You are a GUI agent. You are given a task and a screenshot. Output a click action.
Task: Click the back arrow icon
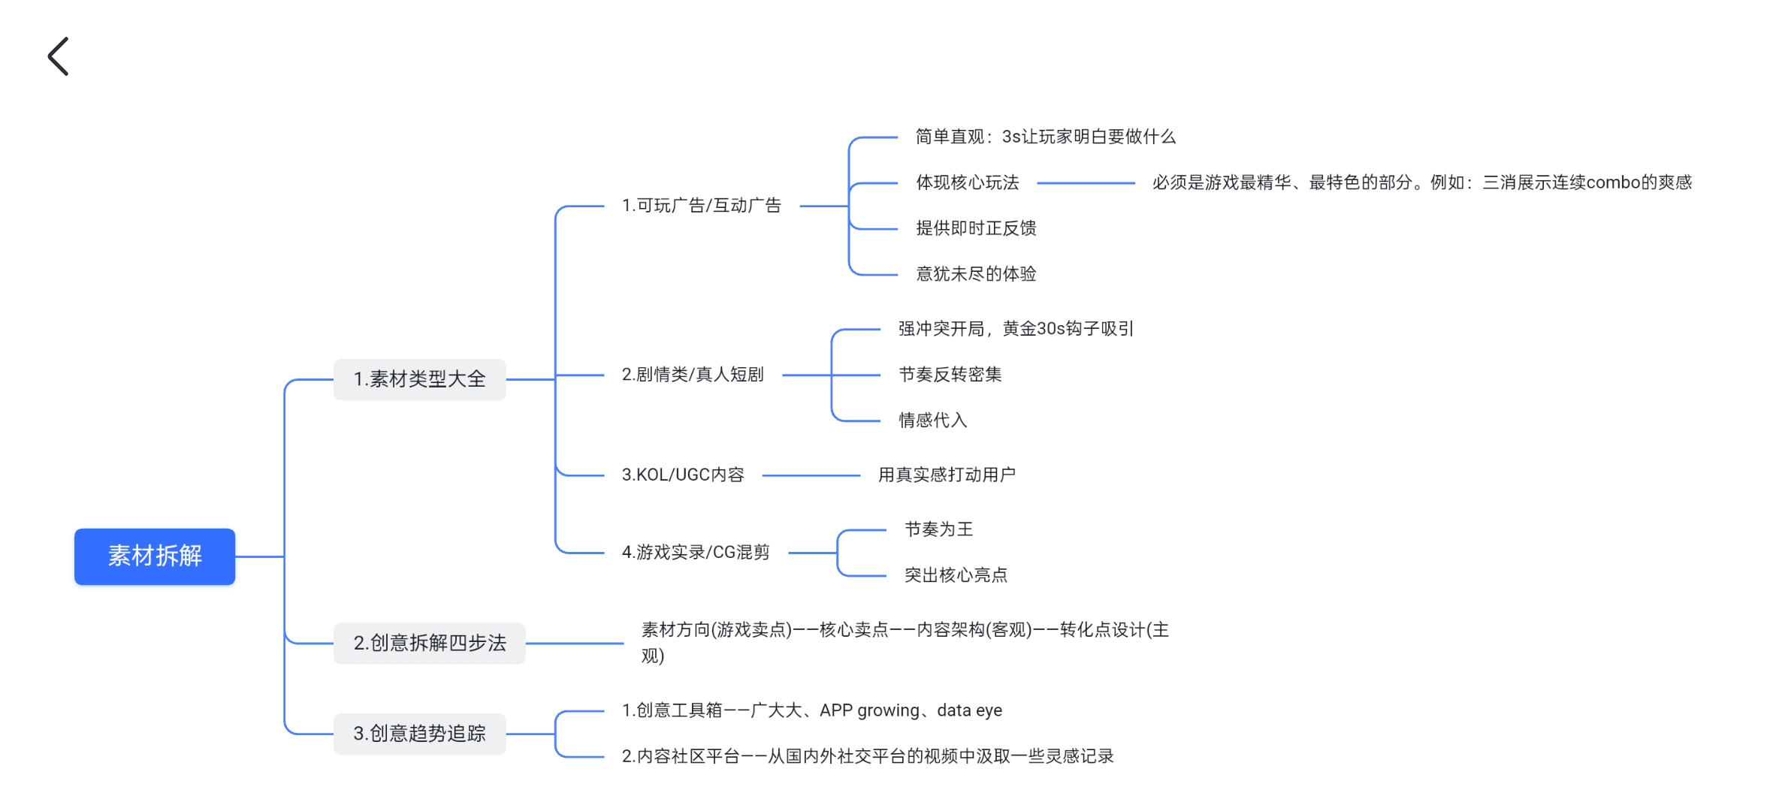(x=59, y=56)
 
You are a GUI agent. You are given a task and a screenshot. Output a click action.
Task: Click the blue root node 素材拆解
(x=155, y=556)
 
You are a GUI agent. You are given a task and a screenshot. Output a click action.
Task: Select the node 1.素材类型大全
(x=419, y=379)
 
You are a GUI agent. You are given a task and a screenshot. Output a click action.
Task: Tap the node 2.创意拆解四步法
(x=429, y=644)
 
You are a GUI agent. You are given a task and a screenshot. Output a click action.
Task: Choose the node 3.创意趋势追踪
(x=419, y=734)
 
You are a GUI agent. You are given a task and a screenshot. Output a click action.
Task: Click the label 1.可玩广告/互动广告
(x=701, y=206)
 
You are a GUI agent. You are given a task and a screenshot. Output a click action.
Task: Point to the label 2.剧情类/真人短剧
(x=692, y=375)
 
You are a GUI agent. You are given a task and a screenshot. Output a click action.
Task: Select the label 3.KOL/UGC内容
(x=682, y=475)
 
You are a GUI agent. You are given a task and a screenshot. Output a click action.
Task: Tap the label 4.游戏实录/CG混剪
(x=695, y=553)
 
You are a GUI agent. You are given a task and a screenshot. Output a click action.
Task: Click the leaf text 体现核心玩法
(x=967, y=183)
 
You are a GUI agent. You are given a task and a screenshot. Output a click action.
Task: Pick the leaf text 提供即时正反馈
(x=976, y=229)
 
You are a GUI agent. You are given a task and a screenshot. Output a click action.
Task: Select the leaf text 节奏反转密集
(x=950, y=375)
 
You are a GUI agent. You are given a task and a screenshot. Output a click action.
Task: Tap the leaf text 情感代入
(x=932, y=421)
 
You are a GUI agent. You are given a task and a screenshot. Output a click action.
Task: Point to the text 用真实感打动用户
(x=947, y=475)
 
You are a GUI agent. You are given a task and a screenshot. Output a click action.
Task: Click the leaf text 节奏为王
(x=938, y=530)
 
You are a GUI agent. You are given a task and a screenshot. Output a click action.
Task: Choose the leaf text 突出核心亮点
(x=956, y=576)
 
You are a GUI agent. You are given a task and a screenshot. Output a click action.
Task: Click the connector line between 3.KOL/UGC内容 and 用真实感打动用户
(x=811, y=475)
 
